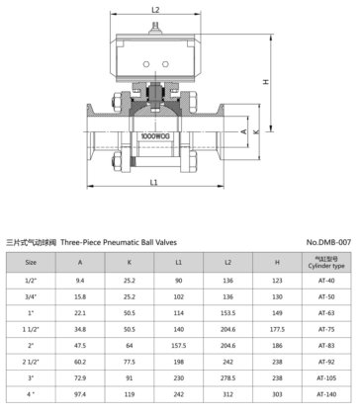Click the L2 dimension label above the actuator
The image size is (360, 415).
pyautogui.click(x=155, y=10)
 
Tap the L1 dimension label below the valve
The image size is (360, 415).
pyautogui.click(x=153, y=182)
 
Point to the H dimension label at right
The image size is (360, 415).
pyautogui.click(x=266, y=81)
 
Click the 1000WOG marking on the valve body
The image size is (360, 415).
pyautogui.click(x=155, y=136)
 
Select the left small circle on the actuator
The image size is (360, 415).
pyautogui.click(x=146, y=64)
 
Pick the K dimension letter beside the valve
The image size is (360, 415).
pyautogui.click(x=256, y=131)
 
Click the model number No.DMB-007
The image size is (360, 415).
pyautogui.click(x=328, y=242)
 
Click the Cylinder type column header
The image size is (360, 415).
pyautogui.click(x=326, y=263)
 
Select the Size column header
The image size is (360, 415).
pyautogui.click(x=31, y=263)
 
